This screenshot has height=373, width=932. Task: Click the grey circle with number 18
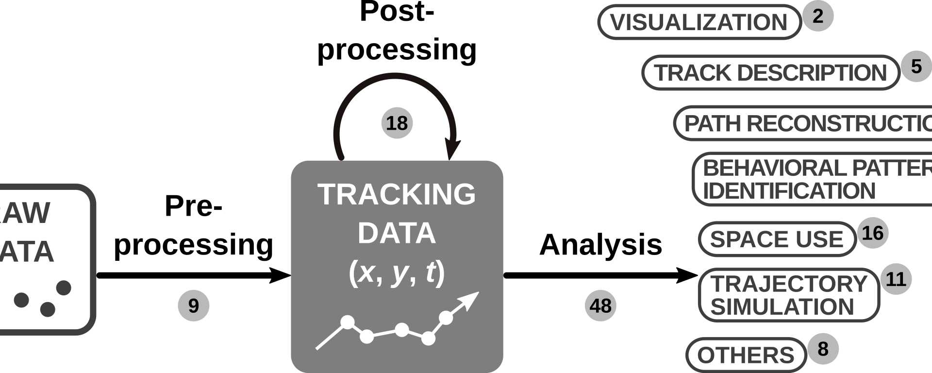pyautogui.click(x=397, y=123)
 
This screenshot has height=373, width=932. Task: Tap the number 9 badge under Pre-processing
pyautogui.click(x=193, y=305)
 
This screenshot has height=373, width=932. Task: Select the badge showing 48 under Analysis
pyautogui.click(x=600, y=305)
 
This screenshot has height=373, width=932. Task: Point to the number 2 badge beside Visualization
pyautogui.click(x=817, y=16)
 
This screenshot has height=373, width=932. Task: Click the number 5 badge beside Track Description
pyautogui.click(x=916, y=66)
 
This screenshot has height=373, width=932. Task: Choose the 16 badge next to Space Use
pyautogui.click(x=873, y=233)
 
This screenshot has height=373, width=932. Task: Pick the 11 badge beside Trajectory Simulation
pyautogui.click(x=896, y=279)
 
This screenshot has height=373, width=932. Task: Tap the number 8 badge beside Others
pyautogui.click(x=823, y=349)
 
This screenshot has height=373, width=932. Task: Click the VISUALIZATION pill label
pyautogui.click(x=699, y=22)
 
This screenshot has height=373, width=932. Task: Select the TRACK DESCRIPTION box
pyautogui.click(x=771, y=73)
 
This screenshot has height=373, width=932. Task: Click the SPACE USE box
pyautogui.click(x=777, y=239)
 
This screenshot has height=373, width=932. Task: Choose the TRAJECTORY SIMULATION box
pyautogui.click(x=789, y=295)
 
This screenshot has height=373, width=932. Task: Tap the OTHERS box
pyautogui.click(x=746, y=355)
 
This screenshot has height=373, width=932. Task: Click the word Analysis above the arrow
pyautogui.click(x=600, y=244)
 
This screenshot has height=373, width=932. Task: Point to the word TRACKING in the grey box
pyautogui.click(x=397, y=194)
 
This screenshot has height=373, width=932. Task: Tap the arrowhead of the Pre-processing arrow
pyautogui.click(x=281, y=275)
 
